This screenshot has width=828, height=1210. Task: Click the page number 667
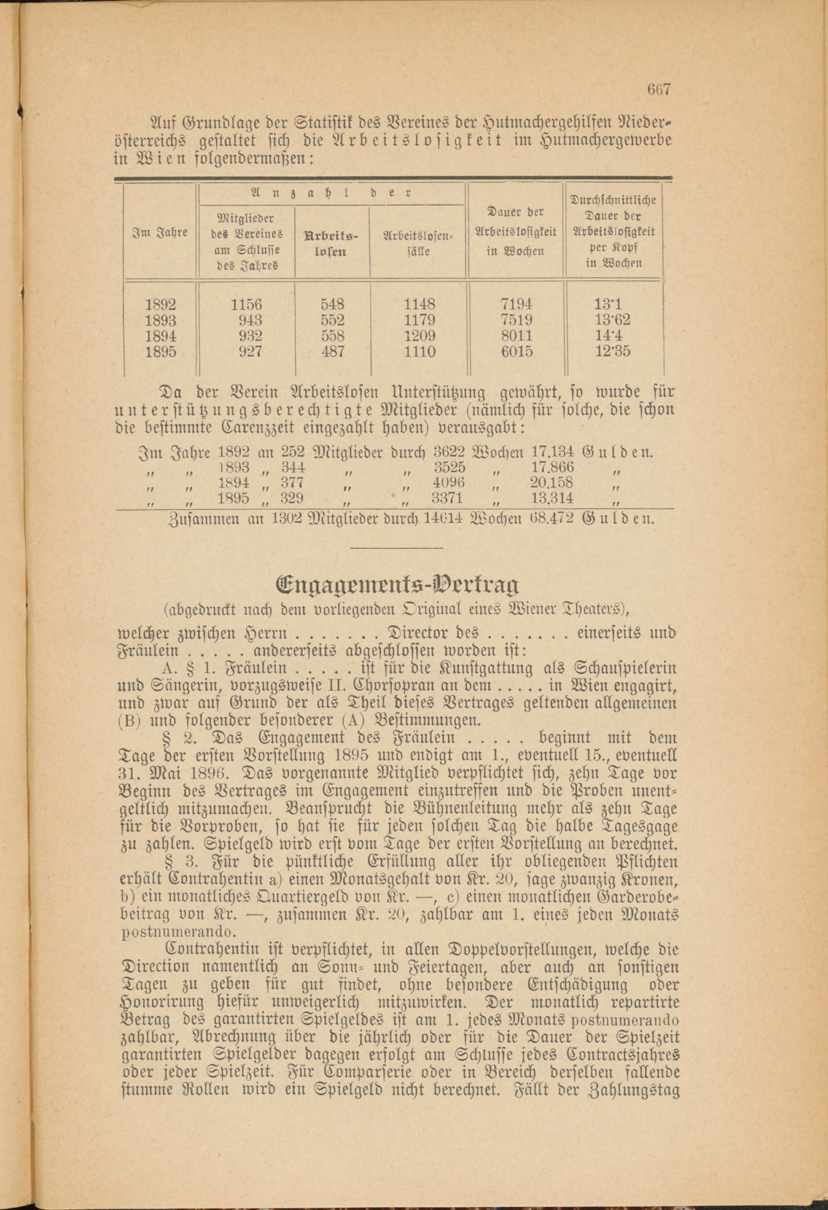pos(660,89)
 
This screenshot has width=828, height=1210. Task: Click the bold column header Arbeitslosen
pos(332,243)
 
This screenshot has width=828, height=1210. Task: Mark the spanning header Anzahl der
pos(332,193)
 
